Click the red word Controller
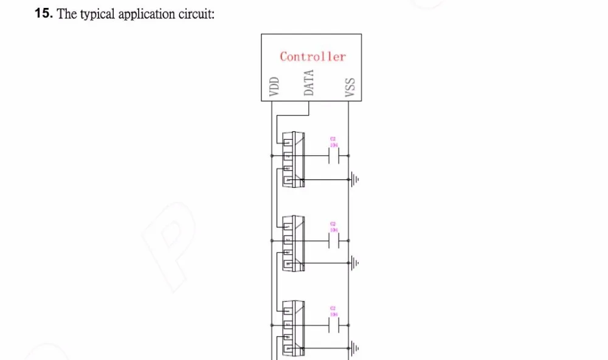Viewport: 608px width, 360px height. tap(313, 57)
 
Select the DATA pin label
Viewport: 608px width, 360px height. tap(309, 82)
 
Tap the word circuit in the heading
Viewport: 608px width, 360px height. tap(195, 14)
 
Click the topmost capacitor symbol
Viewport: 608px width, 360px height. tap(333, 157)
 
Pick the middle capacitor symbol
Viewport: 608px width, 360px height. tap(333, 241)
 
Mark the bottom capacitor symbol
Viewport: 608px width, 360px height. tap(333, 326)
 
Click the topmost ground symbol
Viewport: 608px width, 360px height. tap(354, 180)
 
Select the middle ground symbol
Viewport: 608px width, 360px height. tap(354, 263)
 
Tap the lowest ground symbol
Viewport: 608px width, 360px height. tap(354, 348)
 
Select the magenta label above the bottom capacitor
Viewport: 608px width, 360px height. tap(333, 312)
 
